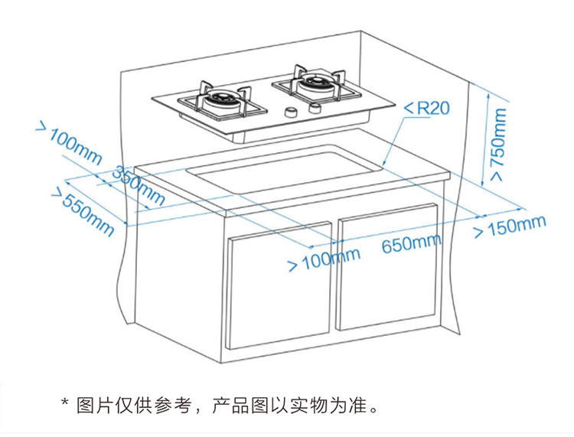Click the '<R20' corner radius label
[x=426, y=108]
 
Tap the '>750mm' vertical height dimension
[x=498, y=145]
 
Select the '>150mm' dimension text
[x=510, y=227]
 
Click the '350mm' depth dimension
[x=139, y=185]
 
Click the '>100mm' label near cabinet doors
[x=323, y=259]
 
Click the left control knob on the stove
[x=290, y=113]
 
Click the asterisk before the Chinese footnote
[x=66, y=403]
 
